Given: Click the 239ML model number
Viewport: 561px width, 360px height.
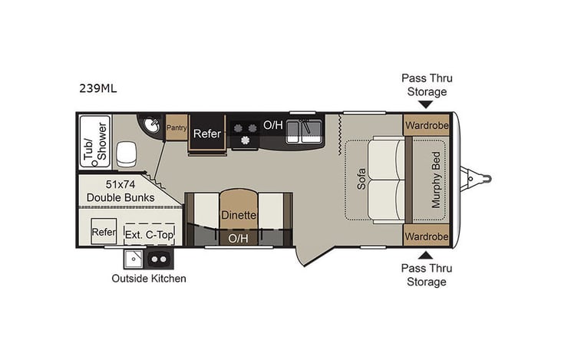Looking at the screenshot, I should click(x=97, y=88).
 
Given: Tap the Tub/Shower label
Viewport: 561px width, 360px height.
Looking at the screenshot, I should click(x=93, y=141).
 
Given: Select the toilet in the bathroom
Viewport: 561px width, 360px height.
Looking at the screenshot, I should click(x=126, y=156).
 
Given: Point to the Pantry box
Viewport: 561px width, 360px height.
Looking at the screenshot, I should click(x=177, y=127).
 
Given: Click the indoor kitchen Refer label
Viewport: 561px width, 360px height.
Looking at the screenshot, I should click(x=206, y=134).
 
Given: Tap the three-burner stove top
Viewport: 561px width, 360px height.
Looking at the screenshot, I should click(x=245, y=132).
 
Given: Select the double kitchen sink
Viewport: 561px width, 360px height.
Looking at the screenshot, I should click(x=303, y=131).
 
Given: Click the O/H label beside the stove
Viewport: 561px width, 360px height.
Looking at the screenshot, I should click(x=272, y=124).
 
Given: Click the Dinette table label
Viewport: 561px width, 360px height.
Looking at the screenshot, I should click(x=238, y=216).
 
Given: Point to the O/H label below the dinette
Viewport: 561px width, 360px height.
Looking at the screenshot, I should click(x=238, y=239).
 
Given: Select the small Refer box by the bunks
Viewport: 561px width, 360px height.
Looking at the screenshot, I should click(x=104, y=232).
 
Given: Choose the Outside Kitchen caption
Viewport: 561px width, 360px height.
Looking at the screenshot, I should click(x=148, y=278).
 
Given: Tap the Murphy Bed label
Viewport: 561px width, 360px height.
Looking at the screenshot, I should click(x=437, y=180).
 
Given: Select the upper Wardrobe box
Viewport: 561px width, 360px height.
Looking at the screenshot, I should click(x=426, y=124).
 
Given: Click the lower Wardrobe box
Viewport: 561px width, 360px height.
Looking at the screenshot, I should click(x=426, y=235).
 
